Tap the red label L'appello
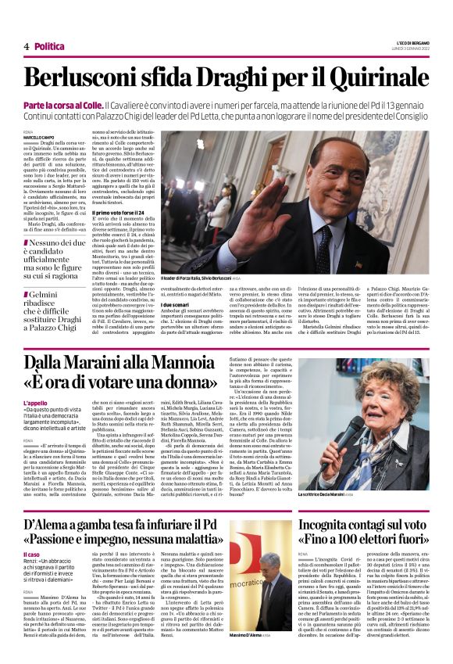coord(35,402)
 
